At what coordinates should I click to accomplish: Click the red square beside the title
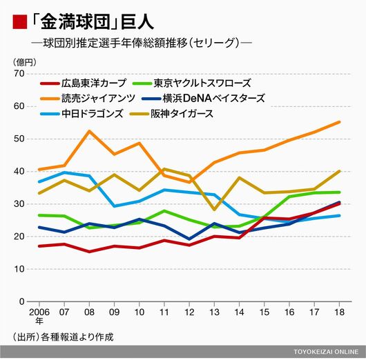pyautogui.click(x=20, y=22)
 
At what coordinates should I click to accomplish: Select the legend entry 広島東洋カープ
pyautogui.click(x=83, y=83)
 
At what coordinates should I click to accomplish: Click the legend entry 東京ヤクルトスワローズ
pyautogui.click(x=192, y=83)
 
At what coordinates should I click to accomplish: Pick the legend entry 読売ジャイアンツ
pyautogui.click(x=88, y=99)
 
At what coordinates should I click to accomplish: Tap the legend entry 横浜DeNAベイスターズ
pyautogui.click(x=203, y=99)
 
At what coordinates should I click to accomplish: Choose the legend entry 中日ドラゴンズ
pyautogui.click(x=81, y=114)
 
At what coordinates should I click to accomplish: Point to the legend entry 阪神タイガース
pyautogui.click(x=171, y=114)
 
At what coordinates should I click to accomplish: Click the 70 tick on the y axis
pyautogui.click(x=19, y=74)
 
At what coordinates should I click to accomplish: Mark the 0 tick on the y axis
pyautogui.click(x=21, y=301)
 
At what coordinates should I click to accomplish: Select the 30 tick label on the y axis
pyautogui.click(x=19, y=204)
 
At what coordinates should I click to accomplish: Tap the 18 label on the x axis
pyautogui.click(x=339, y=312)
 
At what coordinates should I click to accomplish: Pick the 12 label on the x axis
pyautogui.click(x=189, y=312)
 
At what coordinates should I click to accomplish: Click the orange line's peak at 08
pyautogui.click(x=89, y=131)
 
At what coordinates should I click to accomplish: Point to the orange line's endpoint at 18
pyautogui.click(x=339, y=122)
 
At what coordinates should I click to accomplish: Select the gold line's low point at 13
pyautogui.click(x=214, y=210)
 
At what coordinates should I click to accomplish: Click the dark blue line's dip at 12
pyautogui.click(x=189, y=239)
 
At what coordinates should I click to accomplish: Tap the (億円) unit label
pyautogui.click(x=24, y=62)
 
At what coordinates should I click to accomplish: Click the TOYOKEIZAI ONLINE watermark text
pyautogui.click(x=326, y=352)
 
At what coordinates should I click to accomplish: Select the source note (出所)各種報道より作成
pyautogui.click(x=63, y=337)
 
